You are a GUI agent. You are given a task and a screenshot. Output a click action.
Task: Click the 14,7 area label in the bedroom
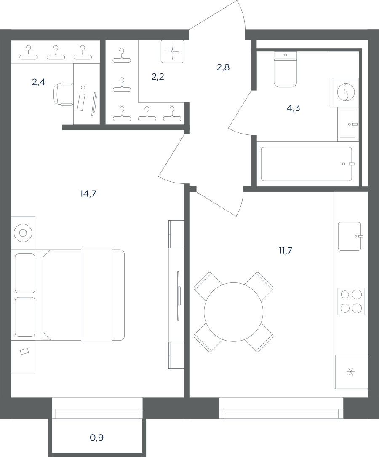[x=88, y=193]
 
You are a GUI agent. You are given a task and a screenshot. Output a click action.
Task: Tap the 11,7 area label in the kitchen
[x=285, y=250]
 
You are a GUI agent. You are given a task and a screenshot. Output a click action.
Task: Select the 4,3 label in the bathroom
[x=294, y=108]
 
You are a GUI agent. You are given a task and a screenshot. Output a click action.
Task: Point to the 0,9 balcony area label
[x=96, y=438]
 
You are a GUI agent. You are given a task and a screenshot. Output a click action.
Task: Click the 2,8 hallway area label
[x=223, y=67]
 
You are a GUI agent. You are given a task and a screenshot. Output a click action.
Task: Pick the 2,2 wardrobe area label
[x=158, y=77]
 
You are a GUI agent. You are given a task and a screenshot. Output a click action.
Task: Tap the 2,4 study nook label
[x=38, y=82]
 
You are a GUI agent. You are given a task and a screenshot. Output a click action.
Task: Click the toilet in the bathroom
[x=285, y=70]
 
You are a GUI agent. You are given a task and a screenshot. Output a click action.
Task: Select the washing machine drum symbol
[x=346, y=92]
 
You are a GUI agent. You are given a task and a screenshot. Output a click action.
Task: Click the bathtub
[x=307, y=164]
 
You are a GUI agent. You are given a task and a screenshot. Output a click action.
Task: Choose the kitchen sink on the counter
[x=350, y=236]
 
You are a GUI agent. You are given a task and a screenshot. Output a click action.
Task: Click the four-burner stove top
[x=351, y=301]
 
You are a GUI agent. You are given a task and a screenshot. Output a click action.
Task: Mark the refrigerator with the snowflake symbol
[x=351, y=371]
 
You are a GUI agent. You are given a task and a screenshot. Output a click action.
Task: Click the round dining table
[x=233, y=312]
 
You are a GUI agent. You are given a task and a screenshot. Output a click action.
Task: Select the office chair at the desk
[x=63, y=94]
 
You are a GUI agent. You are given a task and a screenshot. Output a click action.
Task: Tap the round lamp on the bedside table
[x=23, y=233]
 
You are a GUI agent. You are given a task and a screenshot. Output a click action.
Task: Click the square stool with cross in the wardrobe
[x=173, y=51]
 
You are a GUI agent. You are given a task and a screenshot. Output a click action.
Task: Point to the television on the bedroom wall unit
[x=178, y=296]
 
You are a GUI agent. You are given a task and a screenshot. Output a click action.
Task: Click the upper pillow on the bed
[x=25, y=273]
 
